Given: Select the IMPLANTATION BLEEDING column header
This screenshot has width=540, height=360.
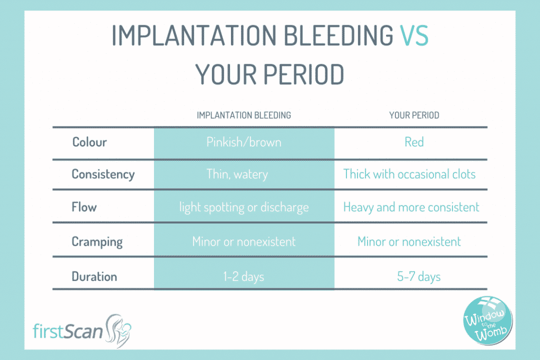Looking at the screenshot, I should coord(244,115).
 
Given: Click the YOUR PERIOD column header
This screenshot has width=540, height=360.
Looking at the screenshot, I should coord(414,115).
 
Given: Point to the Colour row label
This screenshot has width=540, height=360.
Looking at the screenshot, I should coord(90,142).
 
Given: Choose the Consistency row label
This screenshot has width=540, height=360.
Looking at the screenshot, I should coord(103,174).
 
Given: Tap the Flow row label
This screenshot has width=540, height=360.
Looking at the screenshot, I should coord(84,207).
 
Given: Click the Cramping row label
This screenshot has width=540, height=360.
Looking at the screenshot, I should coord(97,242).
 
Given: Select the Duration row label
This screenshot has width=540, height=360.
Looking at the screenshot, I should coord(94,276).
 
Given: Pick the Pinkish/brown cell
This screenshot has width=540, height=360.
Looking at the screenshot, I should coord(244,142).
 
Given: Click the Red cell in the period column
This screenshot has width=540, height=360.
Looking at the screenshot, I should coord(414,142).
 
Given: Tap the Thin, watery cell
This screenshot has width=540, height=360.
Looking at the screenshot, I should coord(237,174).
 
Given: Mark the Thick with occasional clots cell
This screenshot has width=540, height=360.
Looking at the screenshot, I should coord(409,174).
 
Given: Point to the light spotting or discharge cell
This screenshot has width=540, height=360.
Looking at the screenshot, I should coord(244,207).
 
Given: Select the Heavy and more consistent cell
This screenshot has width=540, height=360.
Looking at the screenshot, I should coord(411,207).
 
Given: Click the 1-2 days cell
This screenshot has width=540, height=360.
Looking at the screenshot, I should coord(244,276).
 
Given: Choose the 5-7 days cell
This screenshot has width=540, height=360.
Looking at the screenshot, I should coord(419,276).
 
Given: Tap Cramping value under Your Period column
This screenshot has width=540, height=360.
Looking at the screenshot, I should coord(409,242).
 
